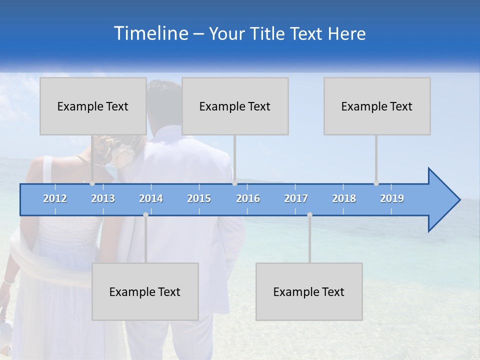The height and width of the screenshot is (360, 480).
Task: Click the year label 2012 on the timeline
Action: (55, 198)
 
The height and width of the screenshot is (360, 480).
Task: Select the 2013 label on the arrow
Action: (103, 198)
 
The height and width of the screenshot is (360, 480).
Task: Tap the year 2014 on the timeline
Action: (151, 198)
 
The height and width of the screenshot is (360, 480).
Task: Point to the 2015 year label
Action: (199, 198)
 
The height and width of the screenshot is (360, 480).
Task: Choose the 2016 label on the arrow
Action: (248, 198)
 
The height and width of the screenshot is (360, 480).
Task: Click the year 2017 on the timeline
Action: (296, 198)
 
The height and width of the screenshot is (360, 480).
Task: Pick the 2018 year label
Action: (344, 198)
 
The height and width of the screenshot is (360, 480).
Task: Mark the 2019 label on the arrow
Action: (392, 198)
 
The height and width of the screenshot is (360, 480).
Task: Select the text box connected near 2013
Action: (93, 106)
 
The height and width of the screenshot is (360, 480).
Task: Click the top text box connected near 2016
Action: (235, 106)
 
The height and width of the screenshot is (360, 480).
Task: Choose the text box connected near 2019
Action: (377, 106)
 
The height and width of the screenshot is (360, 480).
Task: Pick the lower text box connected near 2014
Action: (145, 291)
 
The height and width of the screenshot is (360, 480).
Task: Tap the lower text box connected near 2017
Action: (309, 291)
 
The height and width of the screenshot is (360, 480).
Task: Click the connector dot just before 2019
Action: (376, 183)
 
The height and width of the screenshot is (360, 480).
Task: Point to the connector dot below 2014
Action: (145, 214)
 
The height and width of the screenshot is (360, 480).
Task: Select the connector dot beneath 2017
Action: (309, 214)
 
